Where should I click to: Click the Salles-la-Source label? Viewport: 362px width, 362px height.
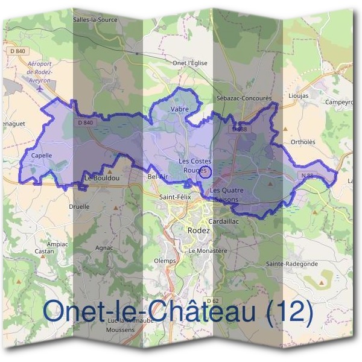(x=95, y=19)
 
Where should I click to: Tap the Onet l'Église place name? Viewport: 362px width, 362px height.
(x=189, y=63)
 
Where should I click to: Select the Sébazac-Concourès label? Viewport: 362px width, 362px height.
(x=244, y=97)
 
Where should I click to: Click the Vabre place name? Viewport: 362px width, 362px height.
(x=180, y=109)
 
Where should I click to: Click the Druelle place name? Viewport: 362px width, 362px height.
(x=79, y=206)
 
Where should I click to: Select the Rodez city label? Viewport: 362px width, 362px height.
(x=198, y=230)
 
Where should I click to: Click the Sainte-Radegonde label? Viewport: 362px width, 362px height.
(x=292, y=264)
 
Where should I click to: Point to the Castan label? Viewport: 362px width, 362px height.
(x=44, y=251)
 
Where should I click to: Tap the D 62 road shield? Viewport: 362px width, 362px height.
(x=211, y=300)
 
